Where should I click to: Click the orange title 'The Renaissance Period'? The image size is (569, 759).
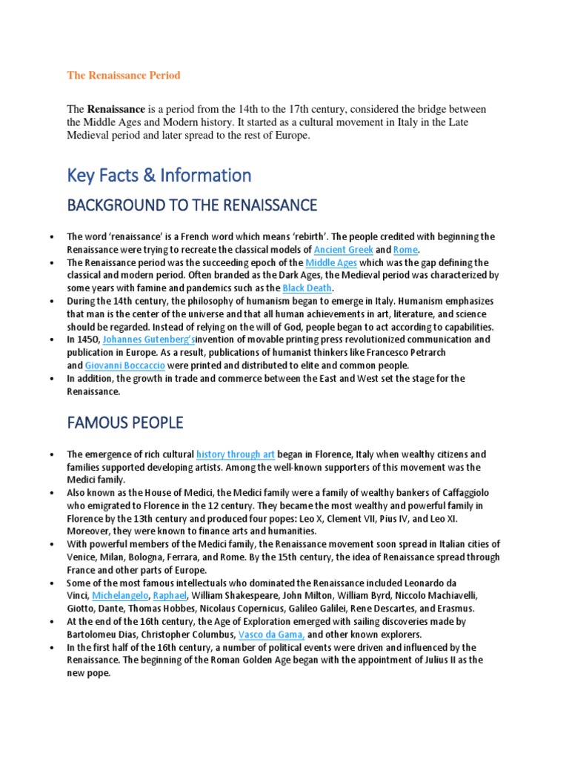pyautogui.click(x=124, y=76)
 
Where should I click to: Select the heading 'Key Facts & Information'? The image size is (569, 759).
pyautogui.click(x=159, y=176)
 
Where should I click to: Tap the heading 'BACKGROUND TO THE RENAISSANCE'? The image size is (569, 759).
pyautogui.click(x=192, y=205)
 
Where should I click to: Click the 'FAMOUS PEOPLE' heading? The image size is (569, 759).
pyautogui.click(x=124, y=423)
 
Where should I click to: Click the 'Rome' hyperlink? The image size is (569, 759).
pyautogui.click(x=405, y=250)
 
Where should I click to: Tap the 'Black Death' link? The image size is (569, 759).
pyautogui.click(x=308, y=288)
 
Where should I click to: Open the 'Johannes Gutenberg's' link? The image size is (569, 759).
pyautogui.click(x=149, y=339)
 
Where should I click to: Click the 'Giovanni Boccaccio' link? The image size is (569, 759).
pyautogui.click(x=124, y=365)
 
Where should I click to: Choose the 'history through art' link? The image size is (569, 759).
pyautogui.click(x=235, y=454)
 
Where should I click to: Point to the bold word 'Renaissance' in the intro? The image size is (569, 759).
pyautogui.click(x=116, y=110)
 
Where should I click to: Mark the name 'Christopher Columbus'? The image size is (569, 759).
pyautogui.click(x=187, y=635)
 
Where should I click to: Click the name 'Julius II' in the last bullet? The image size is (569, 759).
pyautogui.click(x=430, y=660)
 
